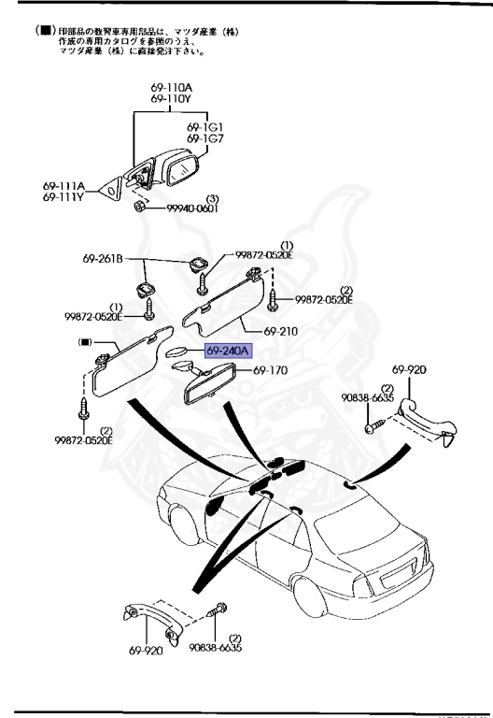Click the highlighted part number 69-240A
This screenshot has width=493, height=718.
203,351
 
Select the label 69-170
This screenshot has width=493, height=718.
272,371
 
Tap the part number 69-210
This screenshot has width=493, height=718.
280,331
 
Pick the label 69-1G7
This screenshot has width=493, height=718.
205,138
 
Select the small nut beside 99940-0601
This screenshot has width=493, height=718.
140,205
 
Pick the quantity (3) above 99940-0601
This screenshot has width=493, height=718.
212,198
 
